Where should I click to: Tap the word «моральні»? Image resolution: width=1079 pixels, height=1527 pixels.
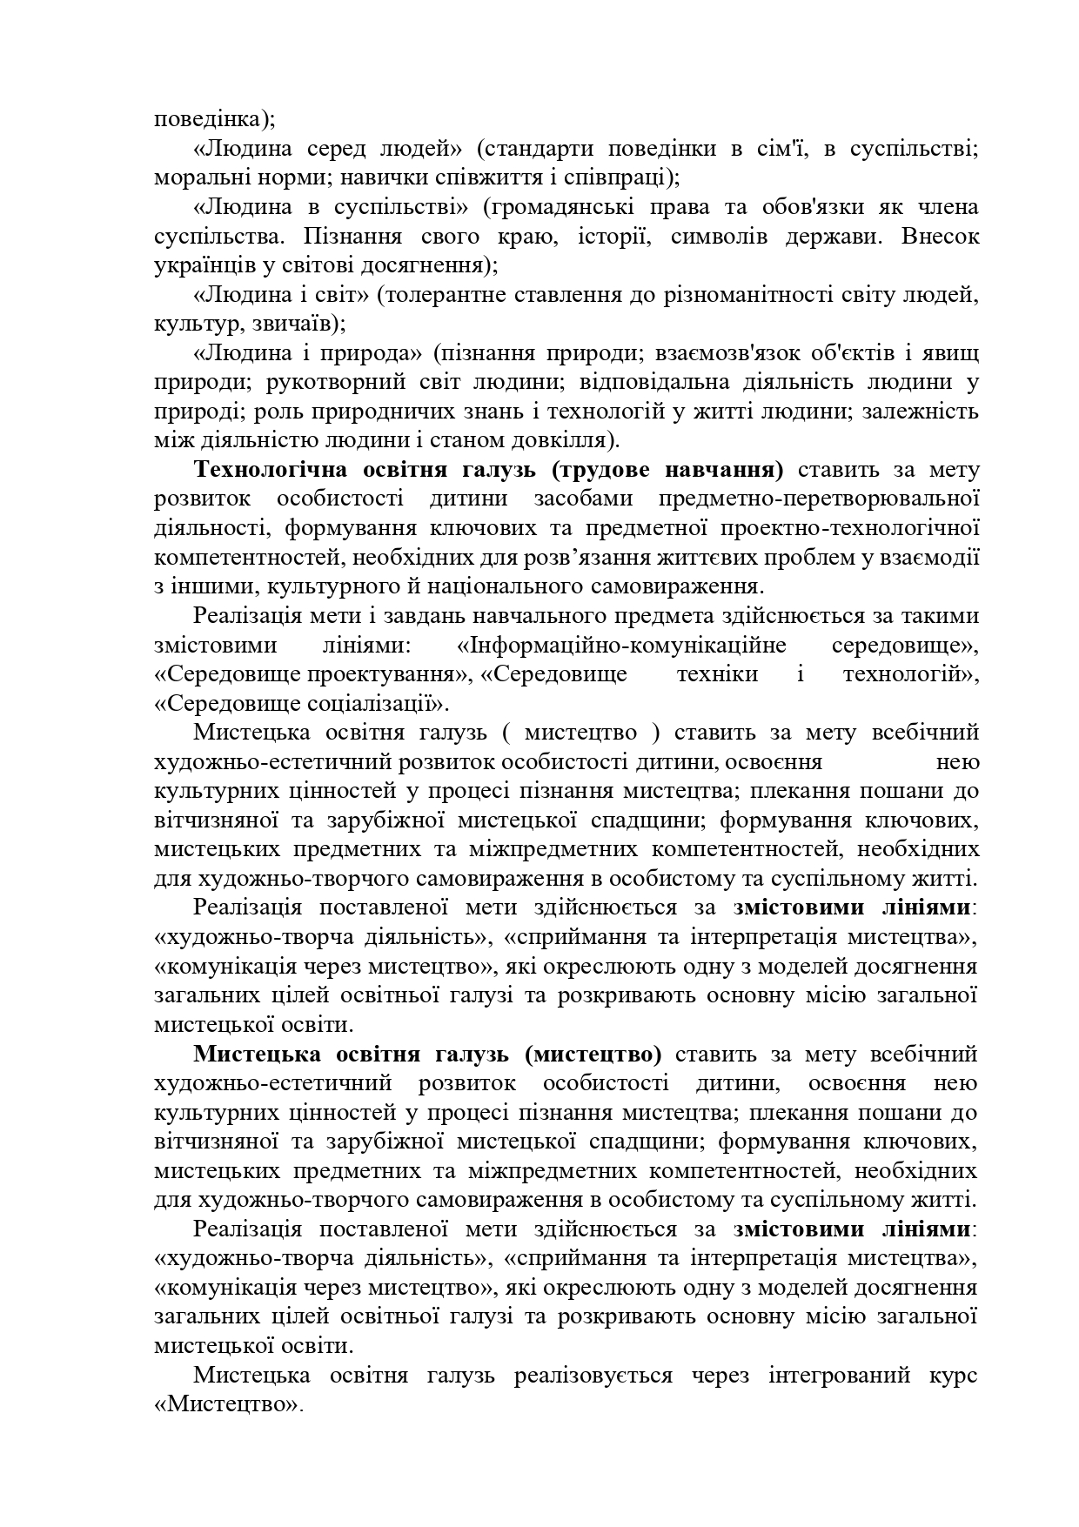click(193, 177)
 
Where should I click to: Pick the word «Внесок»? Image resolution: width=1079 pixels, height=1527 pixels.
click(941, 237)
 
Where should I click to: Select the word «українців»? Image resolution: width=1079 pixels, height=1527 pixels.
click(199, 265)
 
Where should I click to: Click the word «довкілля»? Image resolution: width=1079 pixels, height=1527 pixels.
click(566, 440)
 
